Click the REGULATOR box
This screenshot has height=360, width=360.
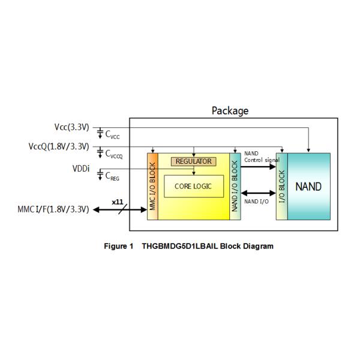click(x=193, y=161)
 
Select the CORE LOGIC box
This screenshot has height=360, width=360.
click(x=193, y=186)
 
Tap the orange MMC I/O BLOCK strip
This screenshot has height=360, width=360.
click(x=152, y=186)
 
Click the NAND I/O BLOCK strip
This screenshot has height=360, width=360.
click(x=235, y=186)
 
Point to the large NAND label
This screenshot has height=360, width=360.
click(x=308, y=186)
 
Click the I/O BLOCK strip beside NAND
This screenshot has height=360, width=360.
click(x=281, y=186)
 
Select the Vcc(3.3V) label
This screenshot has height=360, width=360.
click(x=71, y=127)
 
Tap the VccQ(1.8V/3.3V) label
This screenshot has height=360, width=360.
click(x=59, y=146)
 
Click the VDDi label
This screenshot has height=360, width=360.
click(x=81, y=169)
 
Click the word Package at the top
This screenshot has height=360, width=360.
click(x=230, y=110)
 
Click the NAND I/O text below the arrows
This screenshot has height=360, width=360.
click(x=256, y=201)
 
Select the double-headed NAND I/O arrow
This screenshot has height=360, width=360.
click(x=258, y=193)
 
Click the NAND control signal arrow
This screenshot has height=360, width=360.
click(x=258, y=167)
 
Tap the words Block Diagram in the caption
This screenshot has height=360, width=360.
click(x=247, y=246)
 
